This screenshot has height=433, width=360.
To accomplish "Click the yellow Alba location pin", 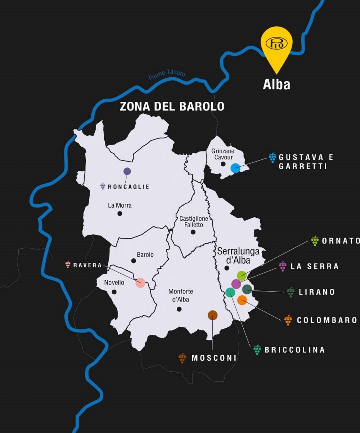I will [x=276, y=45].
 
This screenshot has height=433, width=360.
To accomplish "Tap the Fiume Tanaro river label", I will [x=167, y=74].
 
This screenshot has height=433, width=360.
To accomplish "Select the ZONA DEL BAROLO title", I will [x=172, y=107].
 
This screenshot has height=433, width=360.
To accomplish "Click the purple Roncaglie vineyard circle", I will [x=127, y=171].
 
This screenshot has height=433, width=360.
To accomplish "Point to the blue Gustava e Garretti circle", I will [x=235, y=168].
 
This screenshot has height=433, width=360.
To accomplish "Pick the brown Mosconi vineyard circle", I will [x=213, y=315].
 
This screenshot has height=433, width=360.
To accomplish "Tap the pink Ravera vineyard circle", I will [x=140, y=283].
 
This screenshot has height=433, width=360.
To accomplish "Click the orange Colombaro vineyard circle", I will [x=242, y=300].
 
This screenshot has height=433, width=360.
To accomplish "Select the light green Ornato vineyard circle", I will [x=242, y=276].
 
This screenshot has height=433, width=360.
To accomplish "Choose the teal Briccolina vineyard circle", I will [x=230, y=292].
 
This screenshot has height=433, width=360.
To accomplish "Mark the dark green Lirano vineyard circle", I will [x=247, y=289].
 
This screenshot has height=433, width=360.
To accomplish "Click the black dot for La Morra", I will [x=120, y=213].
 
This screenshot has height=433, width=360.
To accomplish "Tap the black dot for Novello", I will [x=114, y=292].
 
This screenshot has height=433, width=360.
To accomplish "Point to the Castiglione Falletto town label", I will [x=194, y=222].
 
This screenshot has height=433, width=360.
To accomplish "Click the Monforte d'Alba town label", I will [x=181, y=295].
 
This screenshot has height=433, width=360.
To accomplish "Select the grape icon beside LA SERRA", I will [x=283, y=266].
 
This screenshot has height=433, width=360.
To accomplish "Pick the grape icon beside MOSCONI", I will [x=183, y=358].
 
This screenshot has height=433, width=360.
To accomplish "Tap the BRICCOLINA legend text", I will [x=295, y=350].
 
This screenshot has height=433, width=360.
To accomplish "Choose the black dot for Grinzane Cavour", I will [x=223, y=164].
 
